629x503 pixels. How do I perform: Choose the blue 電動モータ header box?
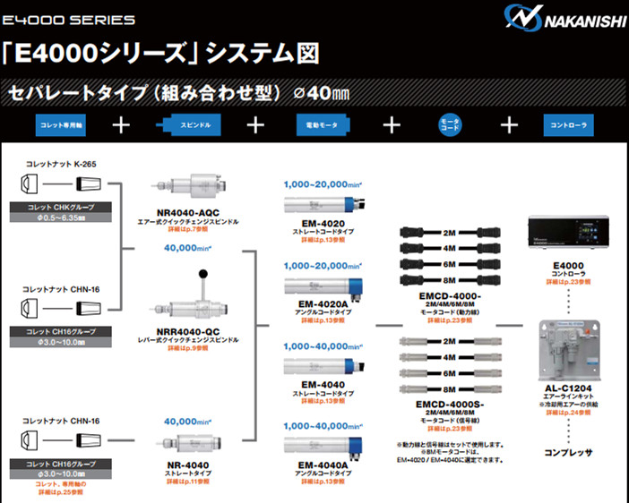[x=314, y=124]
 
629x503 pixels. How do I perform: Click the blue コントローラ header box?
[x=569, y=124]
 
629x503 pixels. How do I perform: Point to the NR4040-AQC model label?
[x=187, y=211]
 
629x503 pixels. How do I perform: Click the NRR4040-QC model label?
[x=187, y=332]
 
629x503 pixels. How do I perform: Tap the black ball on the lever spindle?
[x=206, y=274]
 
